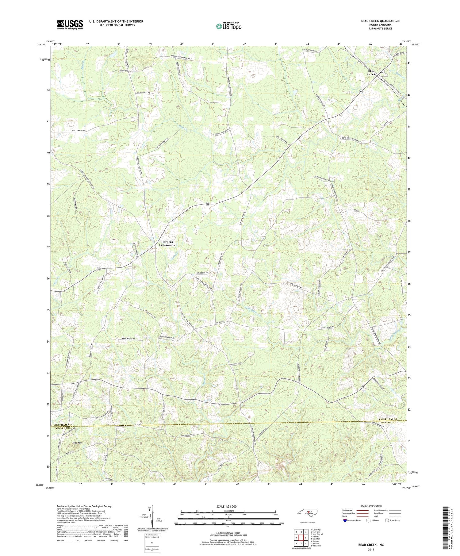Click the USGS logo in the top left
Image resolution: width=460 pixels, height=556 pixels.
[70, 25]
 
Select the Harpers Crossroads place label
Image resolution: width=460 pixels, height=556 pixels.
[167, 243]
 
